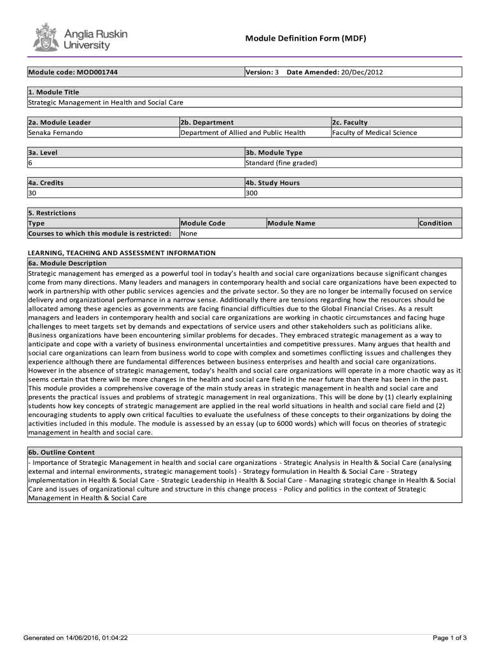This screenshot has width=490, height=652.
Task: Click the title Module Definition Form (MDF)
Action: [x=305, y=39]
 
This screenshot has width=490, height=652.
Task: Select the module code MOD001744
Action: [x=95, y=72]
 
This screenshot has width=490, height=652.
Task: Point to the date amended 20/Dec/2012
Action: [x=362, y=72]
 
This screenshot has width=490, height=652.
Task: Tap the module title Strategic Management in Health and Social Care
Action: [x=105, y=102]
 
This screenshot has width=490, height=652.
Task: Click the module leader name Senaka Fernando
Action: [x=55, y=132]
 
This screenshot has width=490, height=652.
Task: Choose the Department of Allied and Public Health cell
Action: [x=243, y=132]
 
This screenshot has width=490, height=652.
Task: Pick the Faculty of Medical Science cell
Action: [x=374, y=132]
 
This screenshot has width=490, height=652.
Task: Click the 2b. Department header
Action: [x=207, y=122]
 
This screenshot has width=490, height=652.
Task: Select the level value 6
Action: [x=30, y=162]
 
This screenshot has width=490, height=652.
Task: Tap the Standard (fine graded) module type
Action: [x=281, y=162]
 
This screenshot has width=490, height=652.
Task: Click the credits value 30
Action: [x=32, y=192]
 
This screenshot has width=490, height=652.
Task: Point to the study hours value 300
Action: [x=251, y=192]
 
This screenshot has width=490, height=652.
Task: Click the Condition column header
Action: [x=436, y=223]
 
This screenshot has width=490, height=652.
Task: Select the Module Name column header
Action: [x=291, y=223]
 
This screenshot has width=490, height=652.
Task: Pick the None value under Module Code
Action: [x=189, y=233]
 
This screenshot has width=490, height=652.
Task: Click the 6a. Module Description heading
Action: [x=67, y=263]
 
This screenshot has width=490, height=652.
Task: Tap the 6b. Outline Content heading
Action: [x=62, y=452]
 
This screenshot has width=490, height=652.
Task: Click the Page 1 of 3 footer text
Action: [x=450, y=637]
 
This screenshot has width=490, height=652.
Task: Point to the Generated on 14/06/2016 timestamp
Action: [x=76, y=637]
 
